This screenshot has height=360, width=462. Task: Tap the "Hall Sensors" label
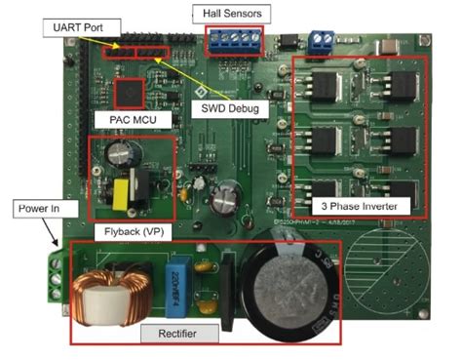(x=231, y=14)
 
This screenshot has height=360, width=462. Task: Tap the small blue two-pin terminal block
(x=319, y=41)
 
